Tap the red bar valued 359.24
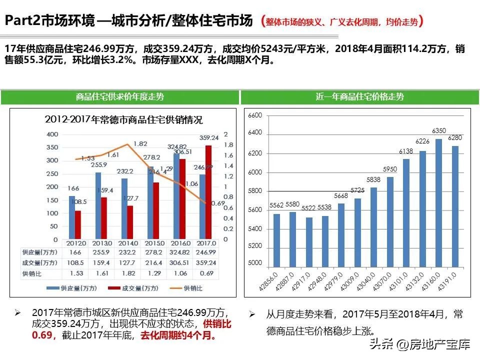pyautogui.click(x=208, y=191)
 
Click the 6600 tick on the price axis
pyautogui.click(x=255, y=115)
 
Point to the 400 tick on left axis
pyautogui.click(x=51, y=135)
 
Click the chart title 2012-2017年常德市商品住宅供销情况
pyautogui.click(x=123, y=120)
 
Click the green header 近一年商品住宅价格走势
pyautogui.click(x=359, y=97)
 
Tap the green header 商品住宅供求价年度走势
pyautogui.click(x=120, y=97)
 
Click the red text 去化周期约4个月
pyautogui.click(x=178, y=335)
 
